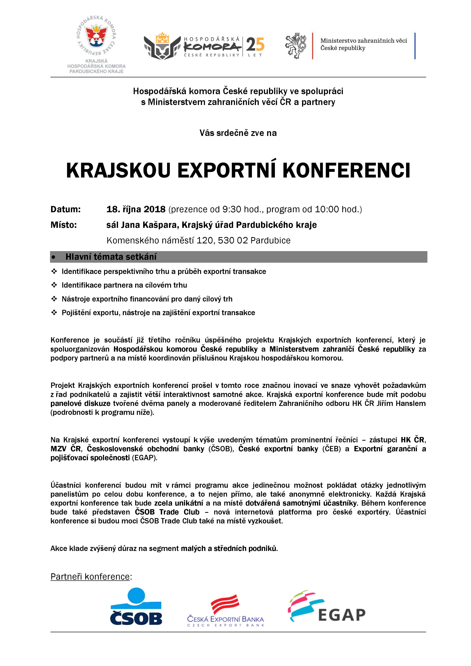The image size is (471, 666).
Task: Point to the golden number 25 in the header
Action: (x=255, y=44)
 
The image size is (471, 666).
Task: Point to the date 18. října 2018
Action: (x=136, y=209)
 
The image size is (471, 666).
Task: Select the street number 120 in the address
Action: (x=205, y=241)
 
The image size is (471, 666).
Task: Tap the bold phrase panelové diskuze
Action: (x=80, y=403)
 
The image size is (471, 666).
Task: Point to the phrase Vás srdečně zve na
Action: (x=238, y=133)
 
